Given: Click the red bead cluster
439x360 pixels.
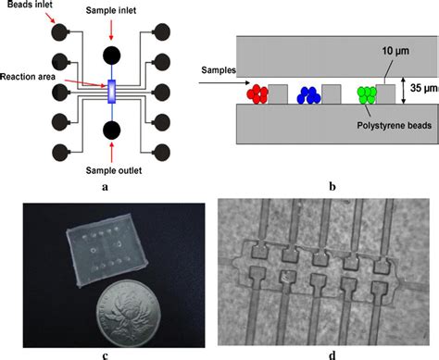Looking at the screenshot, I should [x=257, y=93].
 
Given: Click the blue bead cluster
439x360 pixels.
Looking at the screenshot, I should [x=307, y=93].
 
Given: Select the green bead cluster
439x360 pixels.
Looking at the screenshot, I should [x=368, y=93].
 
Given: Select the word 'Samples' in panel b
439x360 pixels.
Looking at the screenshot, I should [x=218, y=69].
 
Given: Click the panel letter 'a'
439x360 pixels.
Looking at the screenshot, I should [x=105, y=186].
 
